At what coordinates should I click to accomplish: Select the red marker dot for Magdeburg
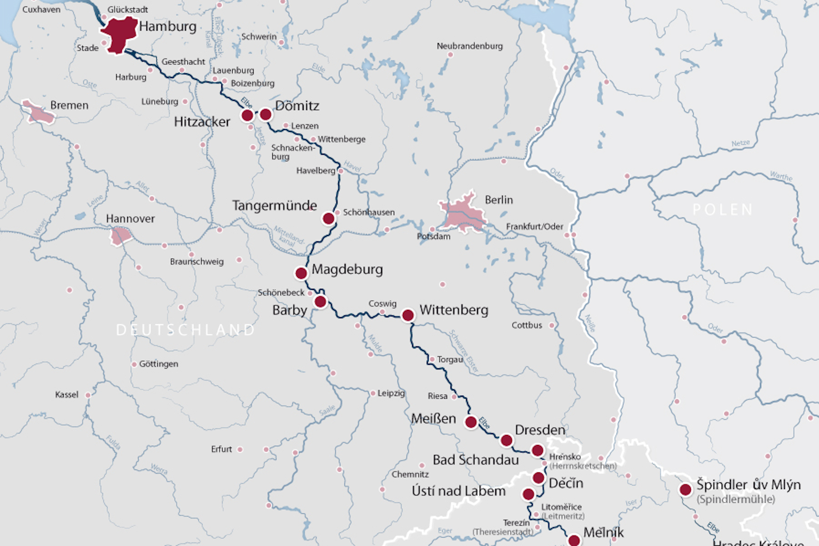point(301,273)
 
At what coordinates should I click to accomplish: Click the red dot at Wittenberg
point(408,315)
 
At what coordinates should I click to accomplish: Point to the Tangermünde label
point(274,205)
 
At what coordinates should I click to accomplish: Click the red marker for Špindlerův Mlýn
point(685,490)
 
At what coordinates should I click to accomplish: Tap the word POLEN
point(723,210)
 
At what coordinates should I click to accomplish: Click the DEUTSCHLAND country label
point(186,330)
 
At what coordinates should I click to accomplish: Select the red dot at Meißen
point(471,422)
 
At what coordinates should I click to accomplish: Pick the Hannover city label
point(130,218)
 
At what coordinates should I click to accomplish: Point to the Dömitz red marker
point(266,115)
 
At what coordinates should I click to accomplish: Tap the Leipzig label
point(391,393)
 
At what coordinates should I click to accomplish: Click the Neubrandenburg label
point(470,46)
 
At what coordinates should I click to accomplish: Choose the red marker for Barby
point(320,302)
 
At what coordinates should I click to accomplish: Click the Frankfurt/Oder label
point(535,227)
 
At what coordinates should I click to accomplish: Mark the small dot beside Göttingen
point(134,364)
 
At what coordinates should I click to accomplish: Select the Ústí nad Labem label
point(459,491)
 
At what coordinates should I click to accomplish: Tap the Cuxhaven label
point(41,10)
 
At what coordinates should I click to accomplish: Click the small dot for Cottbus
point(552,326)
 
